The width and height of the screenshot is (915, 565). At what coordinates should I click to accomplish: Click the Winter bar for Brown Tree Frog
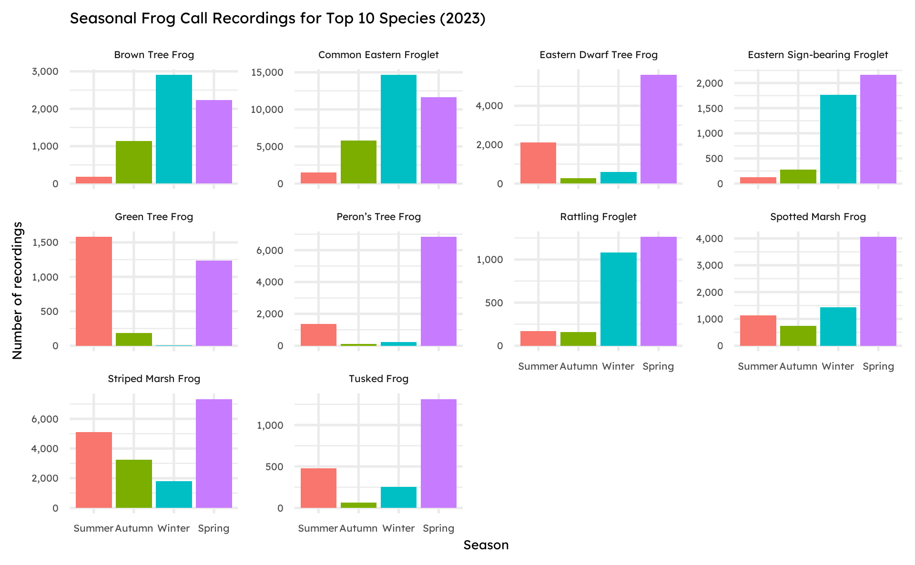[x=174, y=129]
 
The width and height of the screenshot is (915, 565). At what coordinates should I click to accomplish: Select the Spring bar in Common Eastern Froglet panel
[x=438, y=141]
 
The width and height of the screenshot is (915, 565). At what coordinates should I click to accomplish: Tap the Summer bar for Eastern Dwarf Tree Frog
[x=538, y=163]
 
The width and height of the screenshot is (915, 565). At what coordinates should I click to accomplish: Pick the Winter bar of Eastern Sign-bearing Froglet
[x=838, y=139]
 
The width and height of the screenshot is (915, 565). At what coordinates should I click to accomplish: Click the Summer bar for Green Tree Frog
[x=94, y=291]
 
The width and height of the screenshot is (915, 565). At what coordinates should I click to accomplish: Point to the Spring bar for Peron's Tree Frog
[x=438, y=291]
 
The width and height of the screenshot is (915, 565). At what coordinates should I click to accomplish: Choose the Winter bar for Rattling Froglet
[x=618, y=299]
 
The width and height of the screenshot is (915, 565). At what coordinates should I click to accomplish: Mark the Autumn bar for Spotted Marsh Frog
[x=798, y=336]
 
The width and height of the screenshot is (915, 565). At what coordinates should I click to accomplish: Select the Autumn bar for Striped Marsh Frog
[x=134, y=484]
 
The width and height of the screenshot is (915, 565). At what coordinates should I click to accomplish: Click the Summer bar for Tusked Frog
[x=318, y=488]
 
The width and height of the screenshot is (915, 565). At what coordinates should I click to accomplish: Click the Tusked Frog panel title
[x=378, y=379]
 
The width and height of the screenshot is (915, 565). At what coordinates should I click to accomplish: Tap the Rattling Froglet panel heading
[x=598, y=217]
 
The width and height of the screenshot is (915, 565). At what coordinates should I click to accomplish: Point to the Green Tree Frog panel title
[x=154, y=217]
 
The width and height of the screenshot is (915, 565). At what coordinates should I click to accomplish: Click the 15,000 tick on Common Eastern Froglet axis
[x=267, y=72]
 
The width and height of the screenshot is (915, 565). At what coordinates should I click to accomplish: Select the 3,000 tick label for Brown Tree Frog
[x=45, y=71]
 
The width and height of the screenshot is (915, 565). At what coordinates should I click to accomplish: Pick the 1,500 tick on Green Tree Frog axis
[x=45, y=242]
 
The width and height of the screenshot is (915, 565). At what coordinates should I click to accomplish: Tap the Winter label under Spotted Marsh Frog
[x=838, y=366]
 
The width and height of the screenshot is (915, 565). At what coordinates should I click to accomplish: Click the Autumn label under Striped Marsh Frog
[x=134, y=528]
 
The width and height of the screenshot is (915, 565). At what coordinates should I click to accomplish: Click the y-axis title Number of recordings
[x=17, y=291]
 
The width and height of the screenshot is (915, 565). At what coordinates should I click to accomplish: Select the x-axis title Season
[x=486, y=545]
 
